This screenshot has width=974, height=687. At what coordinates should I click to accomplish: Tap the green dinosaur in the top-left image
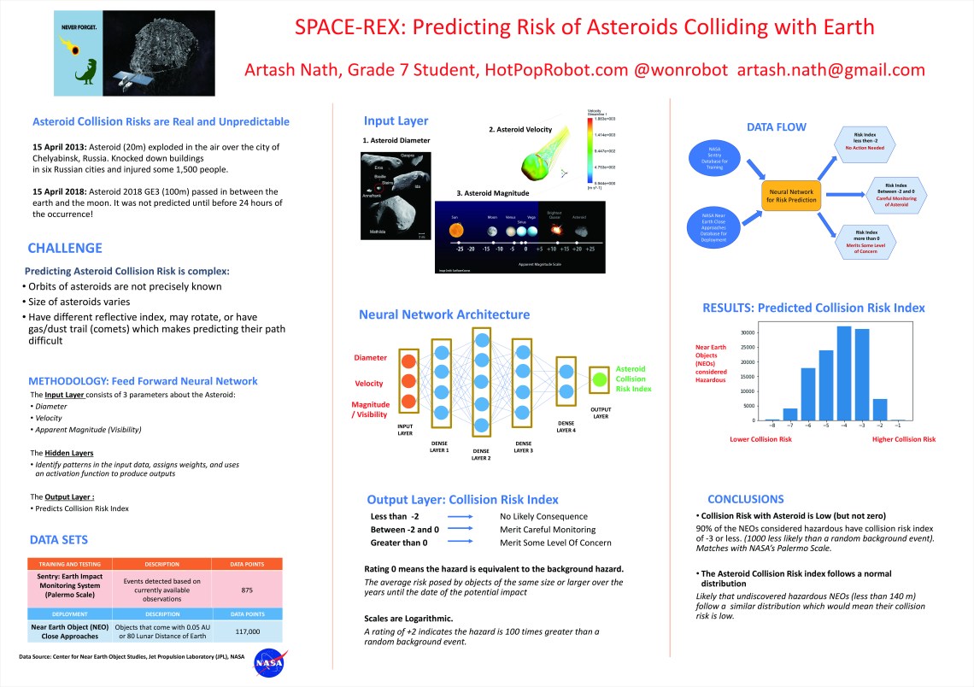tap(86, 73)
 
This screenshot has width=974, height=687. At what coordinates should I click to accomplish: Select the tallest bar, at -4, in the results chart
tap(844, 373)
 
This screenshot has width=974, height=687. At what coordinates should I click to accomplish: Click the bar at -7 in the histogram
tap(790, 414)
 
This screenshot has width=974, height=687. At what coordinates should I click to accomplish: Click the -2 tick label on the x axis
tap(881, 425)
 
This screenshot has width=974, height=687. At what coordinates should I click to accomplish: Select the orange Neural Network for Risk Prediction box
tap(790, 195)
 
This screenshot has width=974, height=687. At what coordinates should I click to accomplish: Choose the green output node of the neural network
tap(601, 379)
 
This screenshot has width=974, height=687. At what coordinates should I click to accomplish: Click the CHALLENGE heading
tap(65, 249)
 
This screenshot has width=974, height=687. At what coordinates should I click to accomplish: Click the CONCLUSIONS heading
tap(746, 499)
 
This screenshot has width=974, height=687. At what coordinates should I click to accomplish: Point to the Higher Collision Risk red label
tap(903, 439)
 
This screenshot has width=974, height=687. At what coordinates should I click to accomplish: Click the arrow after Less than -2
tap(461, 516)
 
